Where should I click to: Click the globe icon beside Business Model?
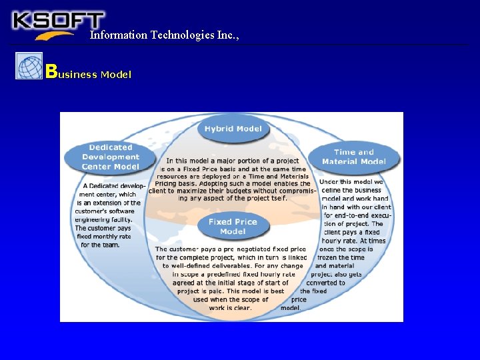coord(29,66)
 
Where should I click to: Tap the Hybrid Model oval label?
coord(233,129)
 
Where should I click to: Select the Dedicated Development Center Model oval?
coord(111,157)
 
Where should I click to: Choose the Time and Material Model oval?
coord(353,157)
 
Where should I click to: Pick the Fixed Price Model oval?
coord(233,227)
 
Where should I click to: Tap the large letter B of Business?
coord(50,71)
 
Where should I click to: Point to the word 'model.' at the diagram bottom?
coord(290,308)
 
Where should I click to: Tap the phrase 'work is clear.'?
coord(230,308)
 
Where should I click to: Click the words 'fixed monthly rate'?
coord(104,236)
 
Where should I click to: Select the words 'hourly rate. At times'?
coord(353,241)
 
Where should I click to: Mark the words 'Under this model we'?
coord(351,181)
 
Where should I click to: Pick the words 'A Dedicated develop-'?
coord(114,185)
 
